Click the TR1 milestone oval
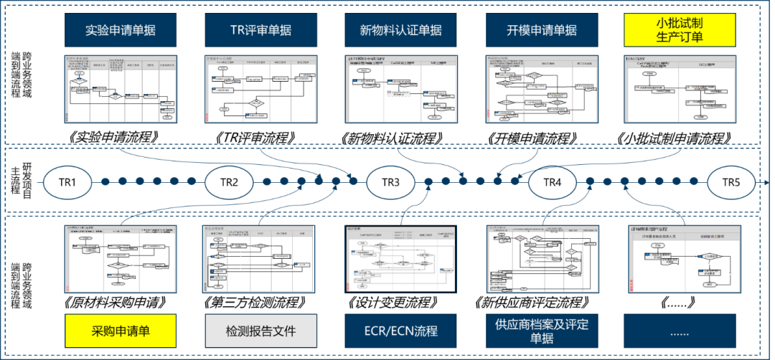click(68, 183)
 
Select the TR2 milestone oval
click(229, 183)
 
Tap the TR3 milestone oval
click(390, 183)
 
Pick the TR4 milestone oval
click(552, 183)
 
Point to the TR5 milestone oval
click(731, 183)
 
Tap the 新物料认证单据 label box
click(400, 30)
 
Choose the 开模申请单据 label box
click(541, 30)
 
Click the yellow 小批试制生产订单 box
click(679, 30)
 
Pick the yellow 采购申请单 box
click(121, 331)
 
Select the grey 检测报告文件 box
click(260, 331)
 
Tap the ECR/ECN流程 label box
click(400, 331)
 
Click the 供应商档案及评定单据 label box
click(541, 331)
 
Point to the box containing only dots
click(679, 331)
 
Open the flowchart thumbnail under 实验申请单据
click(121, 87)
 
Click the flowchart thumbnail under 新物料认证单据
click(401, 87)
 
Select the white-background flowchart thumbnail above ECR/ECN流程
click(401, 259)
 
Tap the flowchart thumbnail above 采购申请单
click(121, 259)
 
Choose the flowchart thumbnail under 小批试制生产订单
click(682, 87)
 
